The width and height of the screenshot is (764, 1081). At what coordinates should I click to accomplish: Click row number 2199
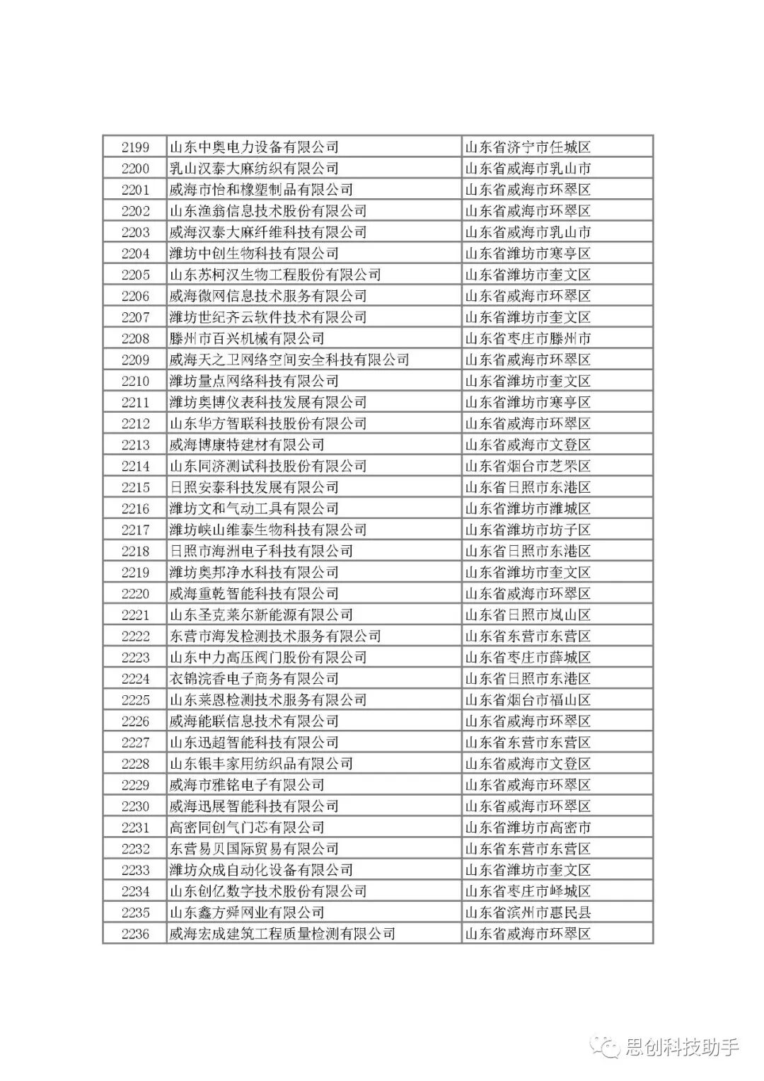tap(135, 147)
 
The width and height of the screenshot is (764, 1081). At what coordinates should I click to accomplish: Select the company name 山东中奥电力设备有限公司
tap(254, 147)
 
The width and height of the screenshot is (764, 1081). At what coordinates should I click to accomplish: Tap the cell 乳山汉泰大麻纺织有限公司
tap(254, 168)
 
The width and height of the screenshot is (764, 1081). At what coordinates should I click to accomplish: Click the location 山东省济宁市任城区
tap(528, 147)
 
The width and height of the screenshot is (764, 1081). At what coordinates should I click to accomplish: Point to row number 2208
tap(135, 338)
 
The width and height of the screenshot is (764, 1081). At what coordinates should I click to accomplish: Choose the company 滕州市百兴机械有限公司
tap(247, 338)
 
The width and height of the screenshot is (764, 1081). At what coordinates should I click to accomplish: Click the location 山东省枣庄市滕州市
tap(528, 338)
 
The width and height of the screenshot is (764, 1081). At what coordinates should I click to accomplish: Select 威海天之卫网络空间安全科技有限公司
tap(289, 360)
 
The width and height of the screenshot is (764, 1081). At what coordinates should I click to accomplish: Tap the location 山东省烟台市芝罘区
tap(528, 466)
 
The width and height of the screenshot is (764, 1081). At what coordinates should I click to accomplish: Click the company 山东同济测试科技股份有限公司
tap(268, 466)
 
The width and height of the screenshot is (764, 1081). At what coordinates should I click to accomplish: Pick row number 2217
tap(135, 530)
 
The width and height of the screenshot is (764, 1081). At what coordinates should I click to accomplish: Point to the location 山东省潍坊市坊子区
tap(528, 530)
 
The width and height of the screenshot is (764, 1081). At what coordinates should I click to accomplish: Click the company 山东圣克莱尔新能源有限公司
tap(261, 614)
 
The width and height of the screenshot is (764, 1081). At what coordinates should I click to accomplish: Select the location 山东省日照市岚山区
tap(528, 614)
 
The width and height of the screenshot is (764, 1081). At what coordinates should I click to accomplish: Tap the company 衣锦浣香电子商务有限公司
tap(254, 678)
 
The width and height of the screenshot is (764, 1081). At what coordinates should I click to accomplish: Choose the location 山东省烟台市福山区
tap(528, 699)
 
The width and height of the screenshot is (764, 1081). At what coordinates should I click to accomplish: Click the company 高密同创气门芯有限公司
tap(247, 827)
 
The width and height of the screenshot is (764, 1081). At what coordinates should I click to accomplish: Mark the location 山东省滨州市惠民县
tap(528, 912)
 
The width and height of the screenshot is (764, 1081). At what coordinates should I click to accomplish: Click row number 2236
tap(135, 934)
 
